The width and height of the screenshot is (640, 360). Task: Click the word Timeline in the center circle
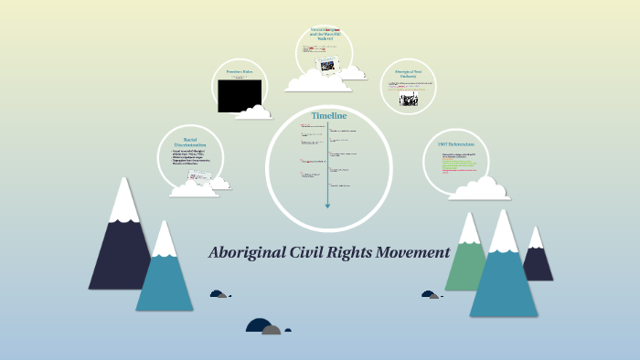point(329,116)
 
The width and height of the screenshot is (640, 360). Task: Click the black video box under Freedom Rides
point(240,96)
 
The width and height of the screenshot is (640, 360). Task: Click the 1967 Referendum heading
point(455,144)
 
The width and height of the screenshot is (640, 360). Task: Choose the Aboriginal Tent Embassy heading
point(407,73)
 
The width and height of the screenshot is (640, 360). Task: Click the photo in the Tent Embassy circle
point(408,100)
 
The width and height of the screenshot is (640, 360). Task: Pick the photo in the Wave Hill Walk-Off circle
point(326,64)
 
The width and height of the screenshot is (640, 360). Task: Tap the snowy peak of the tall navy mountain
point(123,201)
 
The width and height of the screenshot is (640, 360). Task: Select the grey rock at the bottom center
point(272,329)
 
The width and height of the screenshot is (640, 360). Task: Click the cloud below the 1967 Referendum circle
point(478,189)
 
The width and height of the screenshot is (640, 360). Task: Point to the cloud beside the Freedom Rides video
point(253,113)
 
